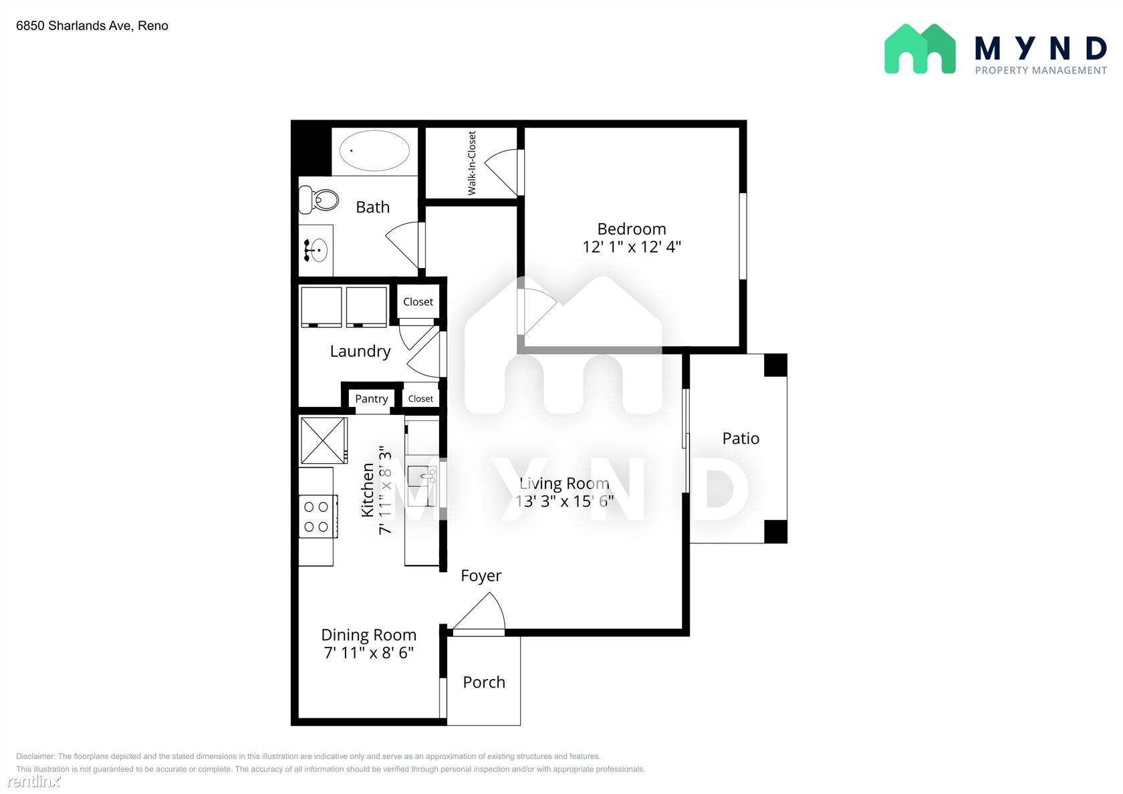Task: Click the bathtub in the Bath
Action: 374,150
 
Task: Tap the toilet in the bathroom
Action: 318,199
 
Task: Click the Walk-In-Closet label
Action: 472,163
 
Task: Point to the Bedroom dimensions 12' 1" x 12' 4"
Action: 632,247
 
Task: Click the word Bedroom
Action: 632,229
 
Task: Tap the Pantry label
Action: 372,398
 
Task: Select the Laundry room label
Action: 360,351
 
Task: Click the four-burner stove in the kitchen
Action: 318,516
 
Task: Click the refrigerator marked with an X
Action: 324,440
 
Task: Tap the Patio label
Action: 741,438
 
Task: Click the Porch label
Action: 484,682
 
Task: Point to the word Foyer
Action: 481,576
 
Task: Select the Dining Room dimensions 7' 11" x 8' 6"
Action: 368,652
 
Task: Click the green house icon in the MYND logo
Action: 920,49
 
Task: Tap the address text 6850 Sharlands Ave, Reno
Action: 92,25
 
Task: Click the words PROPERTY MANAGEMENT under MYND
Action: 1041,70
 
